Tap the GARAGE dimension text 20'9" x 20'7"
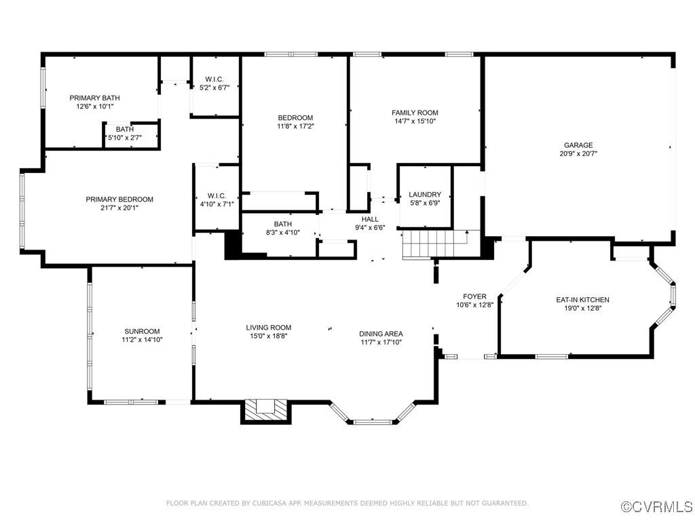click(578, 154)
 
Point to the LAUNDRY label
click(425, 194)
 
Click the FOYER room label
click(474, 296)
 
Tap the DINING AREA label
click(381, 334)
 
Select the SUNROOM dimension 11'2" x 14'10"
click(142, 340)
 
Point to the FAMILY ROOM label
click(415, 113)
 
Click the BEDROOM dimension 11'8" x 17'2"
click(295, 126)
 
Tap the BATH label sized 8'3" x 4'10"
click(282, 224)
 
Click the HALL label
click(370, 219)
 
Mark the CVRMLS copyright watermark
click(656, 507)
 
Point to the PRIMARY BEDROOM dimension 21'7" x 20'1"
click(119, 208)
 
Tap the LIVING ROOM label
click(268, 328)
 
